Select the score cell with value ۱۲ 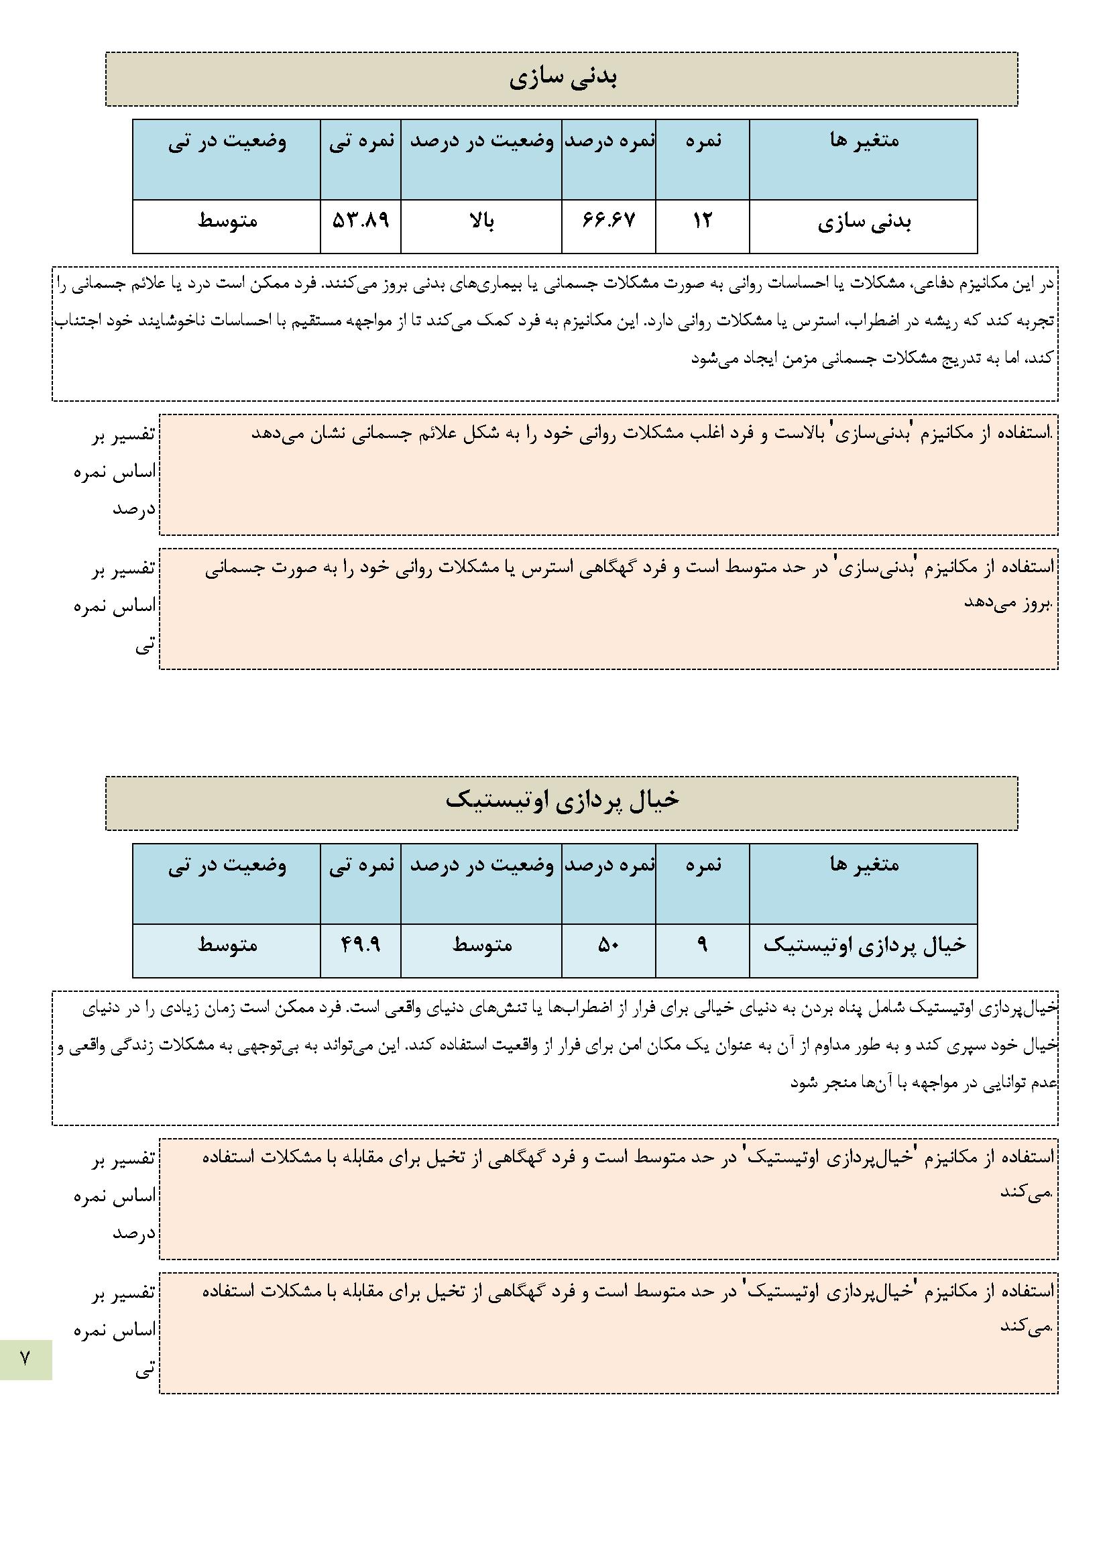tap(702, 221)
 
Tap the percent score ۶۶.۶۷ tap(608, 221)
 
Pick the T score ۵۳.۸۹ tap(361, 221)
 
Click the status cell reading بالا tap(481, 221)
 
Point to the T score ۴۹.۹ tap(361, 944)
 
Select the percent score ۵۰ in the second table tap(608, 944)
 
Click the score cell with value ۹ tap(702, 944)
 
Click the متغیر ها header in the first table tap(863, 142)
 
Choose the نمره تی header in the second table tap(361, 866)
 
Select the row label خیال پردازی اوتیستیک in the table tap(864, 945)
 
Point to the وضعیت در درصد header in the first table tap(481, 142)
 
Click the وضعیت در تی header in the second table tap(227, 866)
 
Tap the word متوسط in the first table tap(227, 222)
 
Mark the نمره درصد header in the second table tap(608, 866)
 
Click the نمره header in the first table tap(702, 142)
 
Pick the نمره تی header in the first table tap(361, 142)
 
